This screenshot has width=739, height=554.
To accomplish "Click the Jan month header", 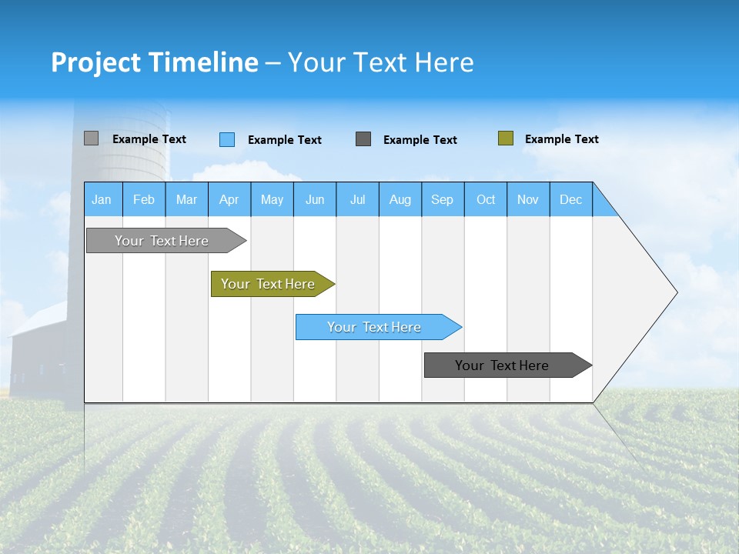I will [102, 199].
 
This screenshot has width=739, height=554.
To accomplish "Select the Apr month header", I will [229, 199].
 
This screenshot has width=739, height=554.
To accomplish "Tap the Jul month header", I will [357, 199].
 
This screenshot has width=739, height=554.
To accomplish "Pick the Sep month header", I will [442, 199].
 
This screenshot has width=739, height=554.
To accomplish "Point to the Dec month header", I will [570, 199].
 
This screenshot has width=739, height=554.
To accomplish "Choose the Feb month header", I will [144, 199].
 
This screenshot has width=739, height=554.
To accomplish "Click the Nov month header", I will [527, 199].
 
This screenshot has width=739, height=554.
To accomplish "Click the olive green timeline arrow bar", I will [269, 284].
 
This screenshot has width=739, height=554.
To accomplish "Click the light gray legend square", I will [91, 138].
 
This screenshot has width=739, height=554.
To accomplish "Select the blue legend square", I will [227, 139].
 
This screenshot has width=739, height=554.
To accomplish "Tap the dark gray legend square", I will [363, 139].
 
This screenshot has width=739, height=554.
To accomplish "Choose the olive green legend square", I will [505, 138].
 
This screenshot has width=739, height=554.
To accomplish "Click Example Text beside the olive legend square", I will [561, 139].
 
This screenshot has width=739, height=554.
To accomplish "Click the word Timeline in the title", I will [202, 62].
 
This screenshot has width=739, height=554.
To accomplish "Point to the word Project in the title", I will [95, 62].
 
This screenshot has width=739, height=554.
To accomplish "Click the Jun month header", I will [315, 199].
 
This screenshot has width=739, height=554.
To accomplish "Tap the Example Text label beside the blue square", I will [284, 140].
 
